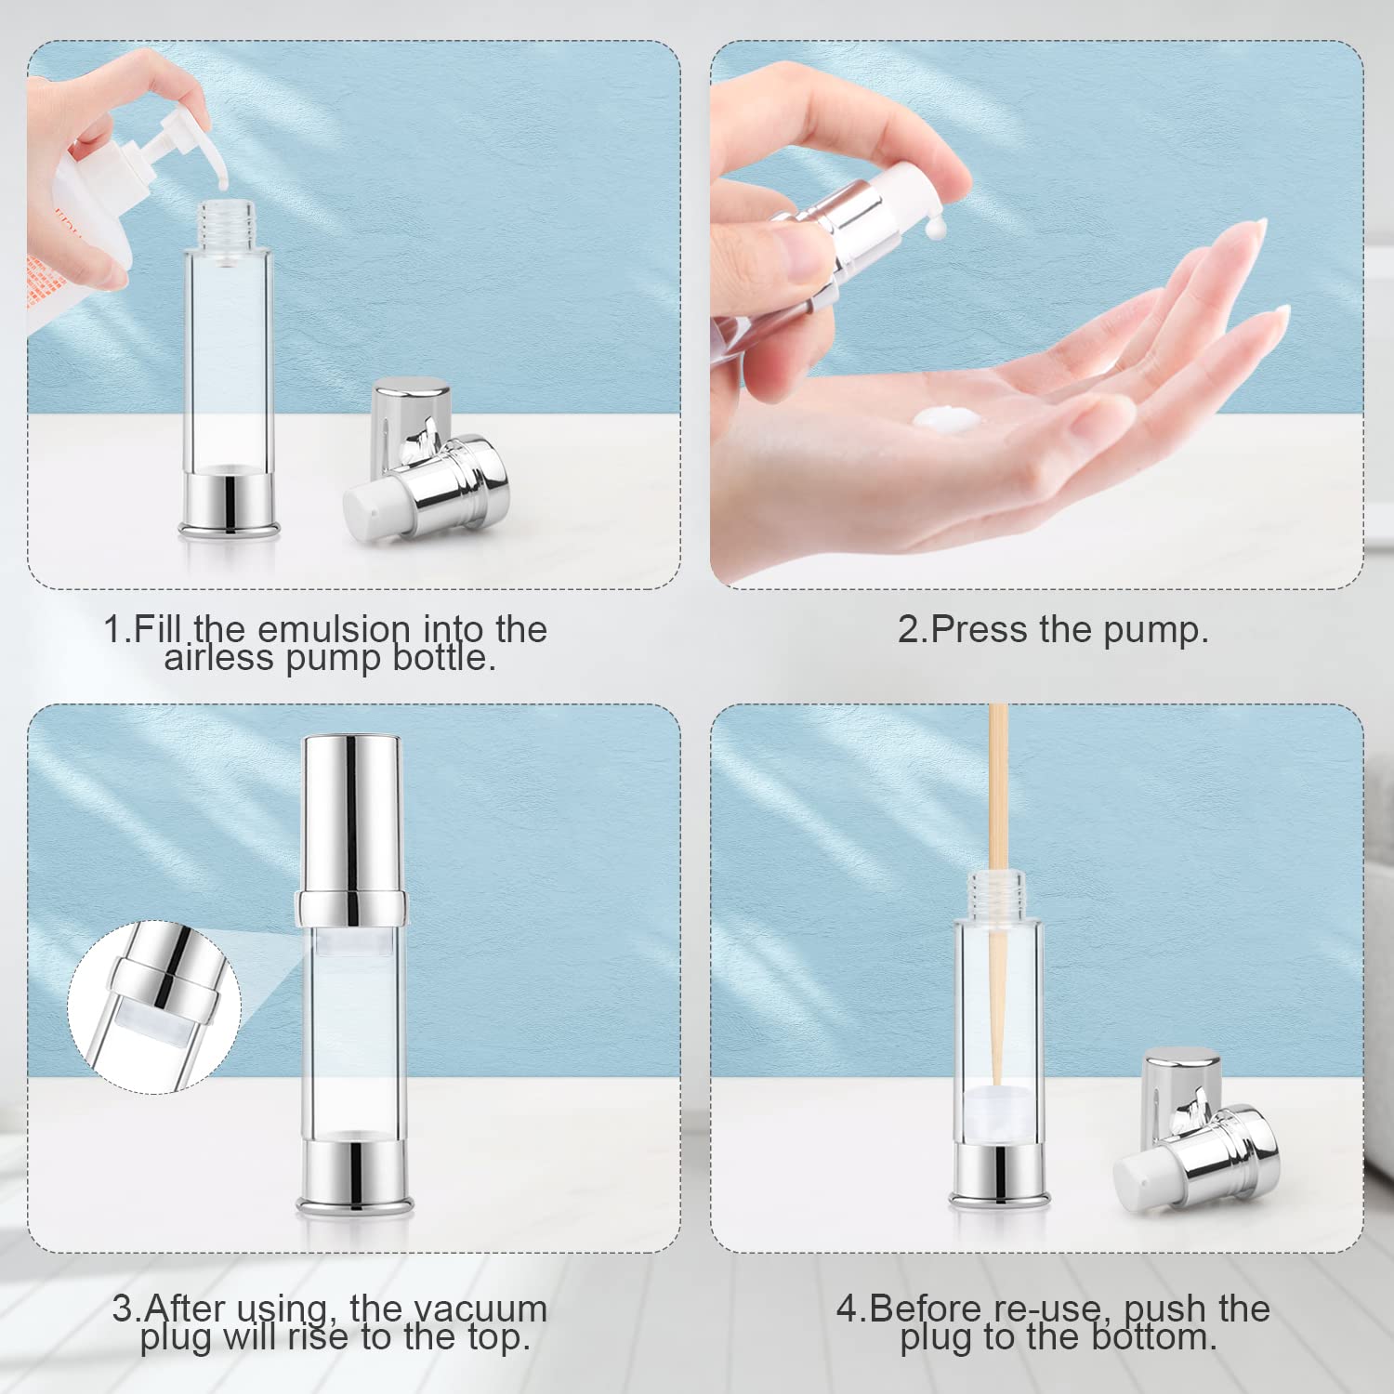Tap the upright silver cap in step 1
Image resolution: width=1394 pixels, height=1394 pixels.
[x=410, y=409]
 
